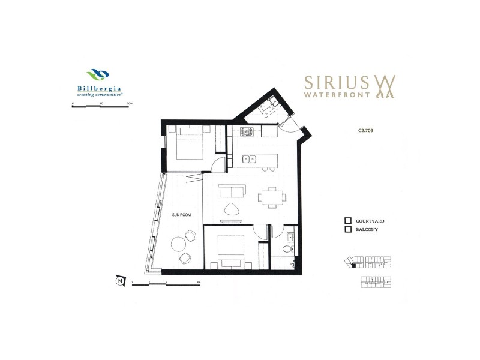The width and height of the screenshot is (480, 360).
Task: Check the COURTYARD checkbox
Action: pyautogui.click(x=347, y=221)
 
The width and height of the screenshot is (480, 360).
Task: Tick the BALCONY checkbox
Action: pyautogui.click(x=347, y=229)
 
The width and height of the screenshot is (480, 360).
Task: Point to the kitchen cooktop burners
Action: pyautogui.click(x=247, y=131)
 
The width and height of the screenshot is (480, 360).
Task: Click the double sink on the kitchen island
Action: pyautogui.click(x=250, y=160)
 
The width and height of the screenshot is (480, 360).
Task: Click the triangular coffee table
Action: pyautogui.click(x=231, y=209)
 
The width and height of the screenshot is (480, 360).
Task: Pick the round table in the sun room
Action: pyautogui.click(x=178, y=244)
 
